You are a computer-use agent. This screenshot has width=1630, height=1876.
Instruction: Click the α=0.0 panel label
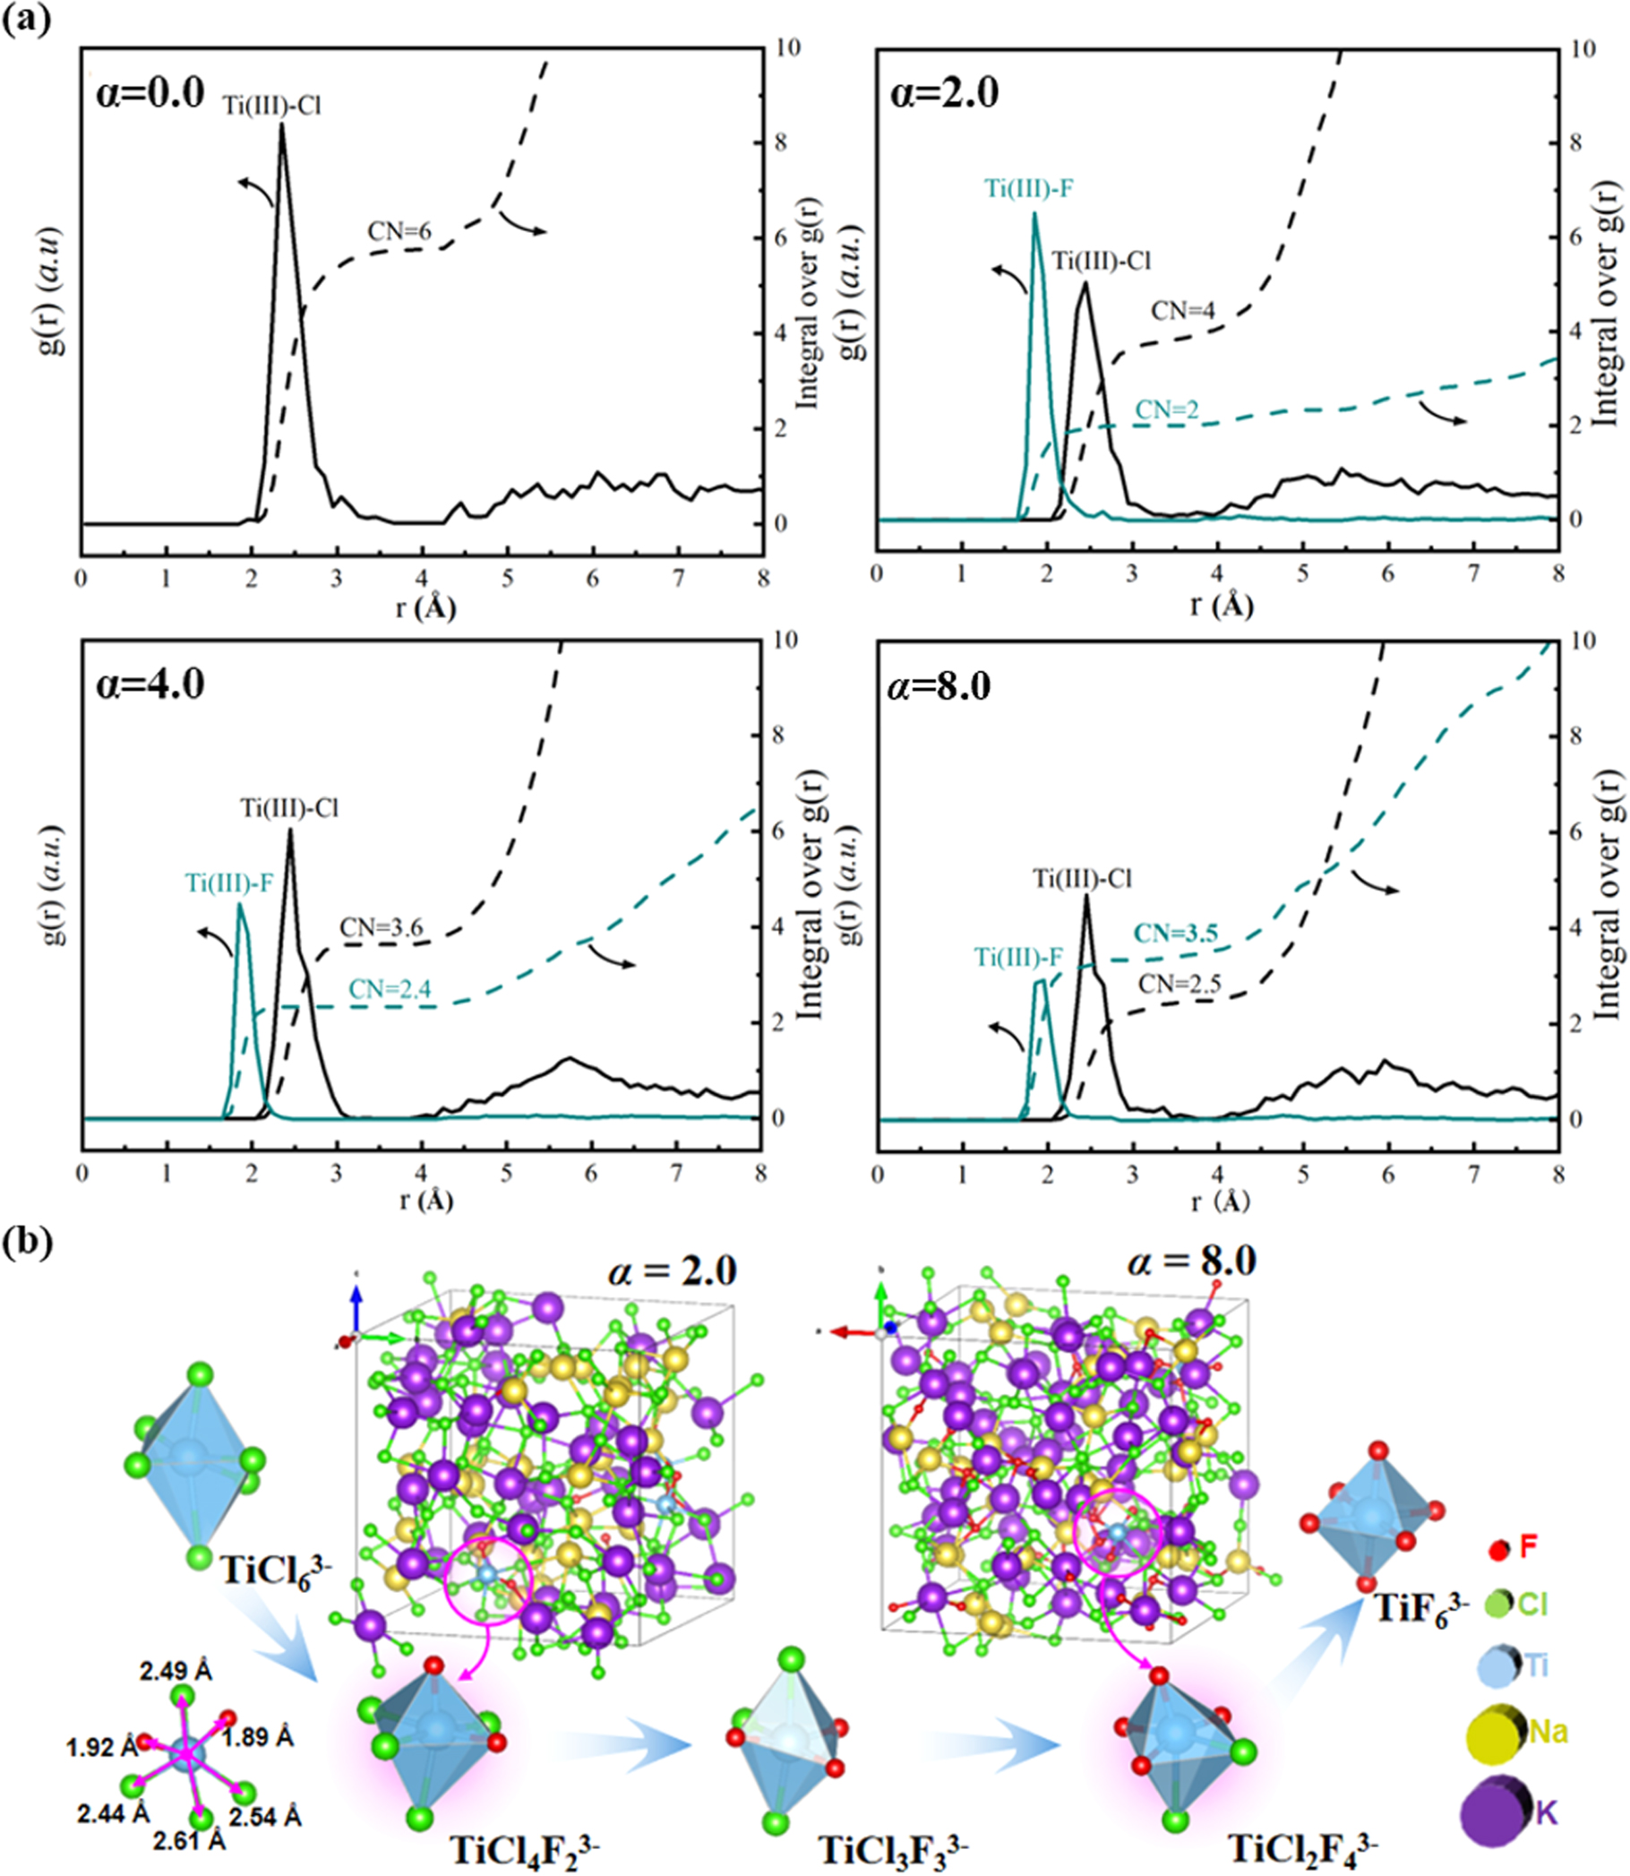click(150, 95)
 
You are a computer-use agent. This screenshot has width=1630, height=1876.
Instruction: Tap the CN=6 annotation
click(399, 233)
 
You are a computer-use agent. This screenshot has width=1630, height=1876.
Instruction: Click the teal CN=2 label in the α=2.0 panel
click(1167, 410)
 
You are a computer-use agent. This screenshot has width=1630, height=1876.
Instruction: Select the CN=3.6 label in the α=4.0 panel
click(381, 928)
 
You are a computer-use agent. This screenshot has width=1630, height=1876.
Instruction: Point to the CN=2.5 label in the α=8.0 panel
click(1180, 984)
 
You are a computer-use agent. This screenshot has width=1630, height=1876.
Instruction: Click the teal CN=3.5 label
click(1175, 934)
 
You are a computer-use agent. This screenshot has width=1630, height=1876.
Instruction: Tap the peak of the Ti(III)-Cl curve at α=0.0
click(282, 125)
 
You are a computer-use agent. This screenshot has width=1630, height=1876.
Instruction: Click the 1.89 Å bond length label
click(258, 1737)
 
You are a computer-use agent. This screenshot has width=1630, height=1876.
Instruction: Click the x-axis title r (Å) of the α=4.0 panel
click(425, 1200)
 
